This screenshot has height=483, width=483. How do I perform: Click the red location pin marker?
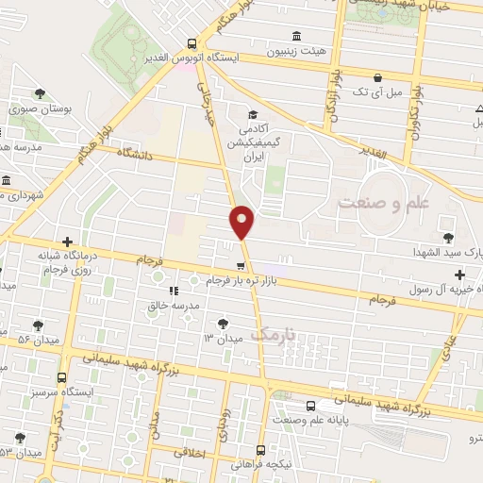[242, 222]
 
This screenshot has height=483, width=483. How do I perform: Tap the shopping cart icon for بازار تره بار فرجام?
[241, 265]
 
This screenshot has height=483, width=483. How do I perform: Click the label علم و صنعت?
[383, 203]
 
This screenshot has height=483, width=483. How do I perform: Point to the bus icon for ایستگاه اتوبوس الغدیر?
[192, 42]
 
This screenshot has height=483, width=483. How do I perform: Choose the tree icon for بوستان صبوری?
[39, 93]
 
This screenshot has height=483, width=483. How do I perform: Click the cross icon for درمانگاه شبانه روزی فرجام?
[67, 241]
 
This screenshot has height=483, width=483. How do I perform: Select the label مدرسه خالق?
[171, 305]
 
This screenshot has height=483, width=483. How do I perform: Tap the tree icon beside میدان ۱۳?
[223, 323]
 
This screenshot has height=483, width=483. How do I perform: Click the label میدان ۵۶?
[38, 337]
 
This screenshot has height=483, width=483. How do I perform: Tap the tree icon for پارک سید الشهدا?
[447, 239]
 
